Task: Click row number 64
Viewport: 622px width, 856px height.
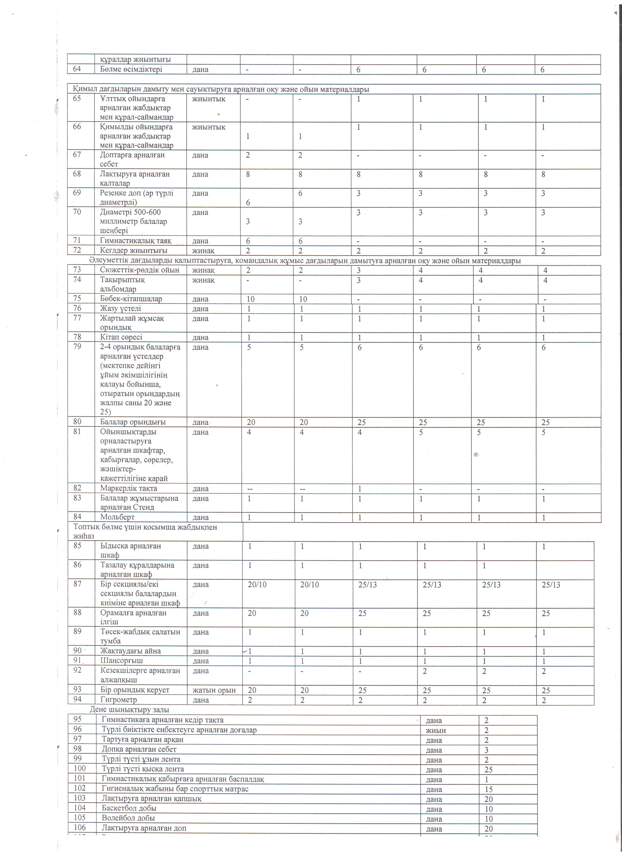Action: click(77, 70)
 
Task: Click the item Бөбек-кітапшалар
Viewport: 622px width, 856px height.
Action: click(131, 299)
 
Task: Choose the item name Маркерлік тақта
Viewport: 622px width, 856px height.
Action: click(129, 488)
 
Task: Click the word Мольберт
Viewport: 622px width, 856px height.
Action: click(117, 517)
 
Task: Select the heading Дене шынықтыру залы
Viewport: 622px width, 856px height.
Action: click(129, 710)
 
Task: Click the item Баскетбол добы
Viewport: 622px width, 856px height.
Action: click(129, 808)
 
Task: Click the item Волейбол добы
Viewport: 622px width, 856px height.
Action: click(128, 818)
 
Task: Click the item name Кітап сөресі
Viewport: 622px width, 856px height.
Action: click(121, 337)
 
